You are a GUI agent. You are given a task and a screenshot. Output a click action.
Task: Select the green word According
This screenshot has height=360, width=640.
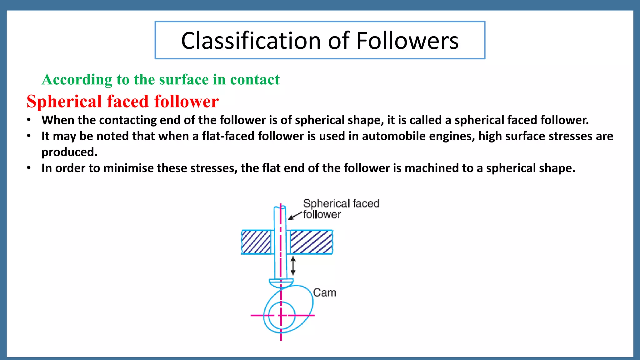[x=77, y=80]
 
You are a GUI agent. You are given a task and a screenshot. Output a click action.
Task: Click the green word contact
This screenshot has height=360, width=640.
[x=255, y=80]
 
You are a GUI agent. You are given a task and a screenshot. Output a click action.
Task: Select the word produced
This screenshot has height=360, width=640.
[x=69, y=152]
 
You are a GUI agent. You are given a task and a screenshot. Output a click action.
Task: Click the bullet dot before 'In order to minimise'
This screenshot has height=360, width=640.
[x=29, y=168]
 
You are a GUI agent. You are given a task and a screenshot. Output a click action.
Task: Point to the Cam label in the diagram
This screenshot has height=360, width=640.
[x=325, y=293]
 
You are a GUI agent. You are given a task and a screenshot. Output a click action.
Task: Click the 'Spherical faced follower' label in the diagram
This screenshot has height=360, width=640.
[x=341, y=209]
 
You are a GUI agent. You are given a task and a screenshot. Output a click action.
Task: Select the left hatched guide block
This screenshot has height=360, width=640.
[x=256, y=242]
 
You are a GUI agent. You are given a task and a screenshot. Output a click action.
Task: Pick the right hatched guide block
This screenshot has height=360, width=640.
[x=312, y=242]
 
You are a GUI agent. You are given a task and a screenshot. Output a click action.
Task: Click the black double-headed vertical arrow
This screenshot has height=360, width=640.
[x=293, y=266]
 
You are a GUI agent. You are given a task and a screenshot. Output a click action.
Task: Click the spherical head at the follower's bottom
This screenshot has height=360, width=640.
[x=281, y=283]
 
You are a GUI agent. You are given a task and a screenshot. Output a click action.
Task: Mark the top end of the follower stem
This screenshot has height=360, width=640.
[x=280, y=207]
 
